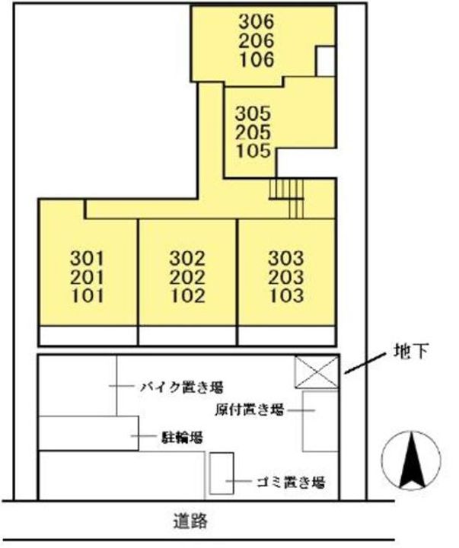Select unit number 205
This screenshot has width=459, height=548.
coord(253,132)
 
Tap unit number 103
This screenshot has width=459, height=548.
coord(286,295)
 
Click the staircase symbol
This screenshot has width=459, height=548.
coord(288,197)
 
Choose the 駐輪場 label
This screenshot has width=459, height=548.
coord(181,437)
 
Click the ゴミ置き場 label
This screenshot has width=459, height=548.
coord(290,482)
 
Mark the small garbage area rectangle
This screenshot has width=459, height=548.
coord(222,473)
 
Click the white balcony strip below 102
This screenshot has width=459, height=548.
coord(187,336)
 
